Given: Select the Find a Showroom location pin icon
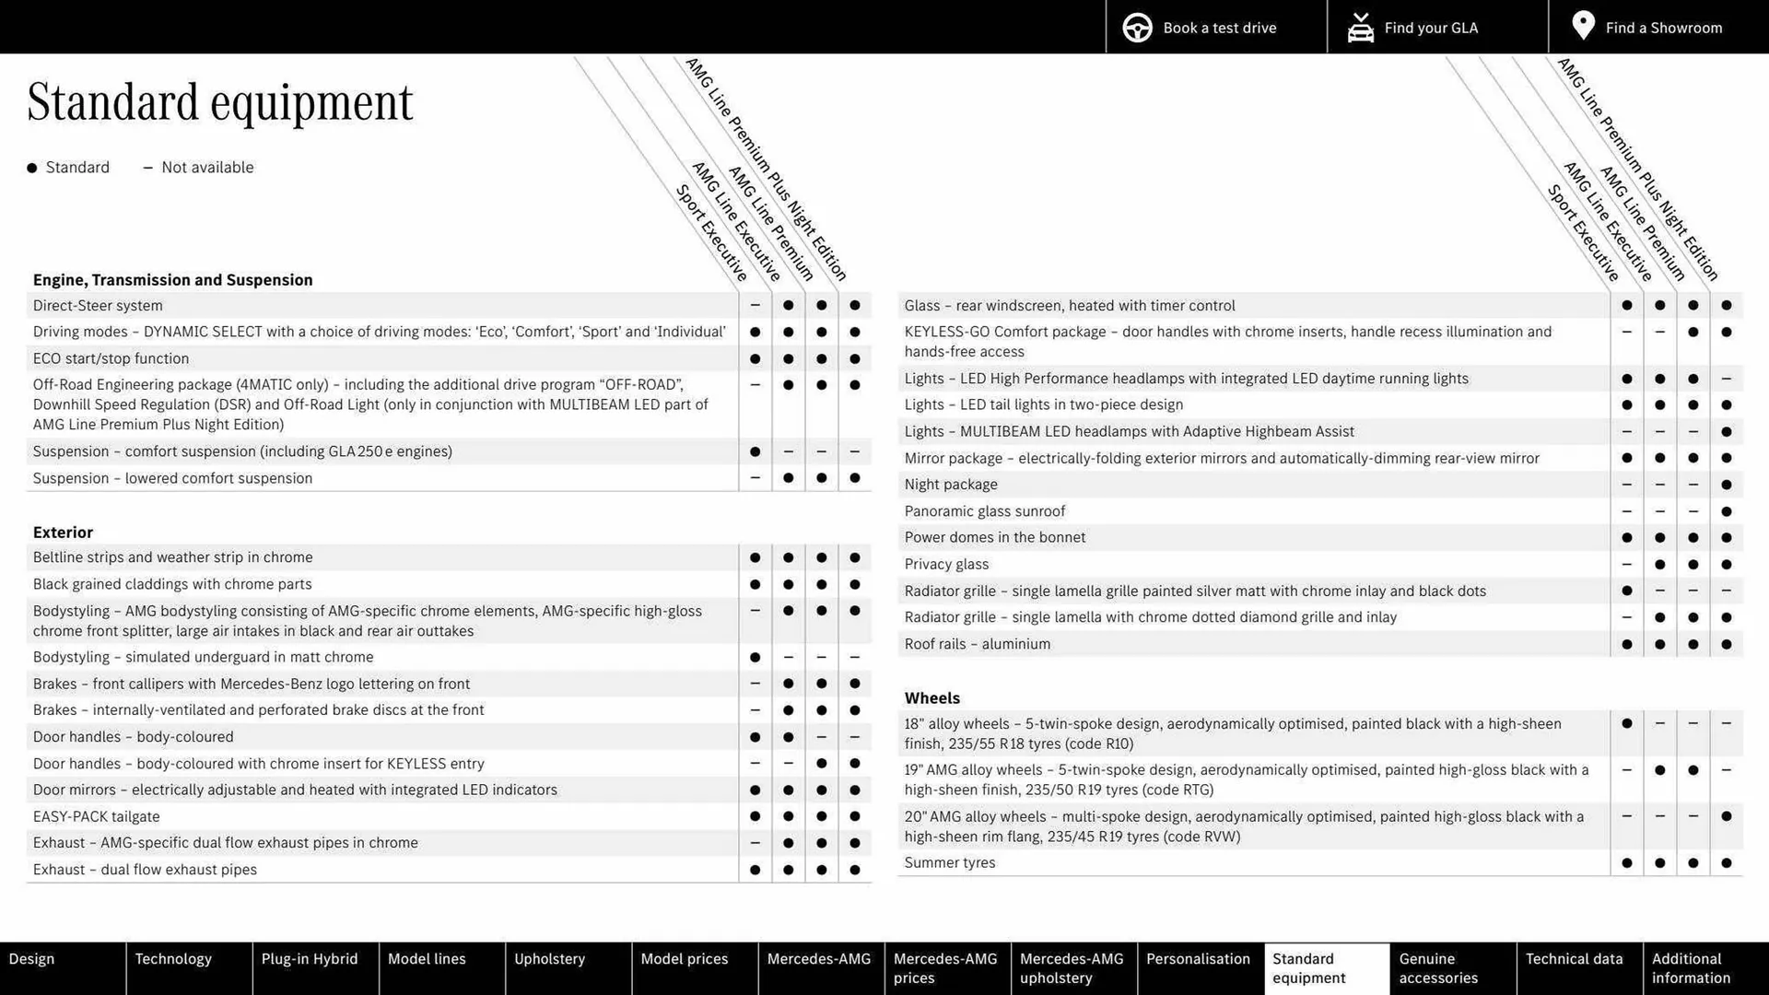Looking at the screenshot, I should [x=1583, y=26].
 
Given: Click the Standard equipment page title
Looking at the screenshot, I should [x=220, y=102].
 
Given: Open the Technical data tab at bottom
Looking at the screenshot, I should [x=1574, y=959].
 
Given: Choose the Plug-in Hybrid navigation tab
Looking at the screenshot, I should [x=310, y=959].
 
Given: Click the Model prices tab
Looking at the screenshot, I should [x=685, y=959].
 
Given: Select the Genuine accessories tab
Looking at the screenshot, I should [x=1437, y=968].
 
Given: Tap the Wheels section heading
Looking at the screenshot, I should [x=931, y=698].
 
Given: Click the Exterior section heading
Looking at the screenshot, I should [x=63, y=533].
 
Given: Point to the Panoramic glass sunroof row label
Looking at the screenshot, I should [x=984, y=511].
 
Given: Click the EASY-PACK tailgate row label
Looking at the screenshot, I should [x=96, y=816].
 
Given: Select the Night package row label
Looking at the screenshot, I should [x=950, y=485].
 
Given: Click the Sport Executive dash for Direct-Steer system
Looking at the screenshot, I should [x=755, y=306].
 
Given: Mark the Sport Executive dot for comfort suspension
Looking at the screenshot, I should [x=755, y=451].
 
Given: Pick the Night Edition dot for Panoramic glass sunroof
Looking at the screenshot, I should [x=1726, y=511].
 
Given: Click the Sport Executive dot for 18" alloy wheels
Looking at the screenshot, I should [x=1626, y=724].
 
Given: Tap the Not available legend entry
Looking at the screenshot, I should [x=199, y=168].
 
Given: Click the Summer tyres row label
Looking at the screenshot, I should [x=949, y=863].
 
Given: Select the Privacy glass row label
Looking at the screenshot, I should [x=946, y=565].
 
